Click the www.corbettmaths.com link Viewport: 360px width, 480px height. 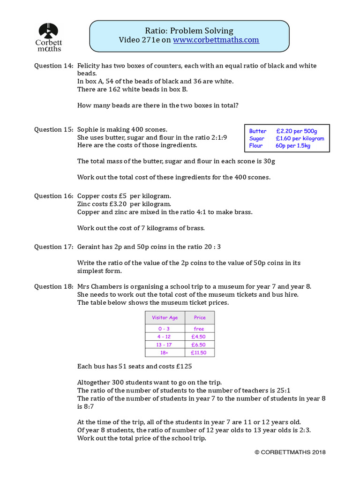point(216,40)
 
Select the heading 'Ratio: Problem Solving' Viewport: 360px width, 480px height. point(189,30)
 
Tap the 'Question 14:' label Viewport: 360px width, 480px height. point(53,66)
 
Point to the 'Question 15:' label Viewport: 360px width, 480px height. point(53,129)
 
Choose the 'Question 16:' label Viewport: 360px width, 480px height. point(53,196)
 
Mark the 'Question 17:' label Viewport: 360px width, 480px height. point(53,247)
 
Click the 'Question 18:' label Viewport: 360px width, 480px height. point(53,286)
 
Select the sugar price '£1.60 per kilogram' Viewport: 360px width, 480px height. point(300,138)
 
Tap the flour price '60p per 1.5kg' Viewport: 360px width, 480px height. point(293,146)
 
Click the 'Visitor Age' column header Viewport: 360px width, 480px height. point(165,317)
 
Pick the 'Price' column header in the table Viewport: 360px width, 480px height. point(200,317)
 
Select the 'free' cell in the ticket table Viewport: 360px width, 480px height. point(199,329)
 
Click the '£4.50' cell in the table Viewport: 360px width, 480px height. point(199,337)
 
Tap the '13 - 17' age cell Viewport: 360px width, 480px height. point(165,345)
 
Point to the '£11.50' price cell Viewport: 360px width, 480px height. point(199,352)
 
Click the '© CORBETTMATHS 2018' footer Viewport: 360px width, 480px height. point(290,452)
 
